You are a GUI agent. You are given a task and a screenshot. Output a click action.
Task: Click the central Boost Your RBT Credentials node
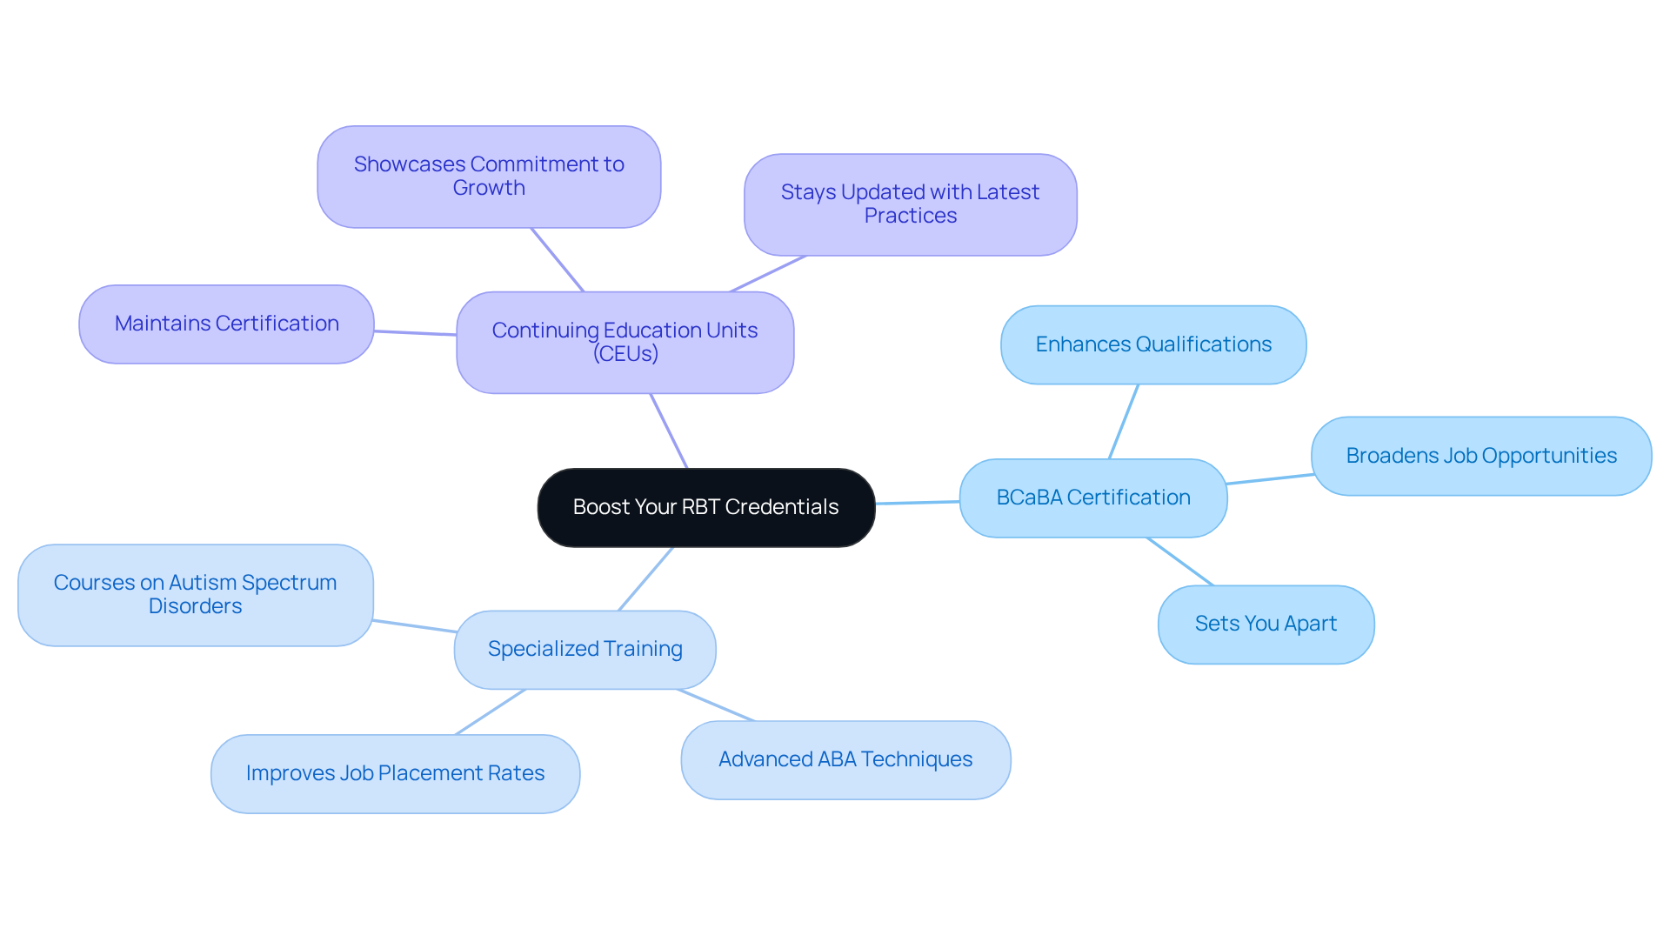tap(705, 507)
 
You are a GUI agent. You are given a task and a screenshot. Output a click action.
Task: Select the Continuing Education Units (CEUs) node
tap(625, 342)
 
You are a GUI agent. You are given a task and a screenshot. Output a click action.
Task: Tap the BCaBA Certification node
tap(1092, 498)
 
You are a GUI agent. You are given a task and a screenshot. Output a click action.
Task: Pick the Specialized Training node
tap(584, 649)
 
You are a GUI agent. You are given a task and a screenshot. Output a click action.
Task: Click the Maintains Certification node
tap(226, 324)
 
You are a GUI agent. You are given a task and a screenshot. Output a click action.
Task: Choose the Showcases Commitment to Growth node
tap(489, 177)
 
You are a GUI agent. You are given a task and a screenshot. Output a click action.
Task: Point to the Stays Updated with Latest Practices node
tap(910, 204)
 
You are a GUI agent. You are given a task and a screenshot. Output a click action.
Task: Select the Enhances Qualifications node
tap(1153, 344)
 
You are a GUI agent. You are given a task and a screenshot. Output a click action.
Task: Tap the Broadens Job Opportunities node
tap(1480, 456)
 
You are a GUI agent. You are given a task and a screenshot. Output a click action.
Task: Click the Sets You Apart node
tap(1266, 624)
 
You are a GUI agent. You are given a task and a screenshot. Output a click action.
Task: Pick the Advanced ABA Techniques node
tap(845, 759)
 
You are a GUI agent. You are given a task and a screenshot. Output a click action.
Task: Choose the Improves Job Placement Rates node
tap(395, 773)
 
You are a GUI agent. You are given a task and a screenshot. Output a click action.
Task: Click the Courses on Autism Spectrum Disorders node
tap(195, 595)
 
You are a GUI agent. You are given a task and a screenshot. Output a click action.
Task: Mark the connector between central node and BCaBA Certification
tap(918, 502)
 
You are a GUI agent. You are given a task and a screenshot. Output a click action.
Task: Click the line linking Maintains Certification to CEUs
tap(415, 332)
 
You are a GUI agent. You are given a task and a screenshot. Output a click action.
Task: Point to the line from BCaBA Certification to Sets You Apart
tap(1180, 561)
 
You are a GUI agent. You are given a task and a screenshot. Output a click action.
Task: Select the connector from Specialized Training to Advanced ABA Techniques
tap(716, 705)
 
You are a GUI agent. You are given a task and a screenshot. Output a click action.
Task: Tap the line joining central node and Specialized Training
tap(645, 578)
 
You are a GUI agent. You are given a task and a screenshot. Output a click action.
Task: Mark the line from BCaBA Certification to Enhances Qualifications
tap(1124, 421)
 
